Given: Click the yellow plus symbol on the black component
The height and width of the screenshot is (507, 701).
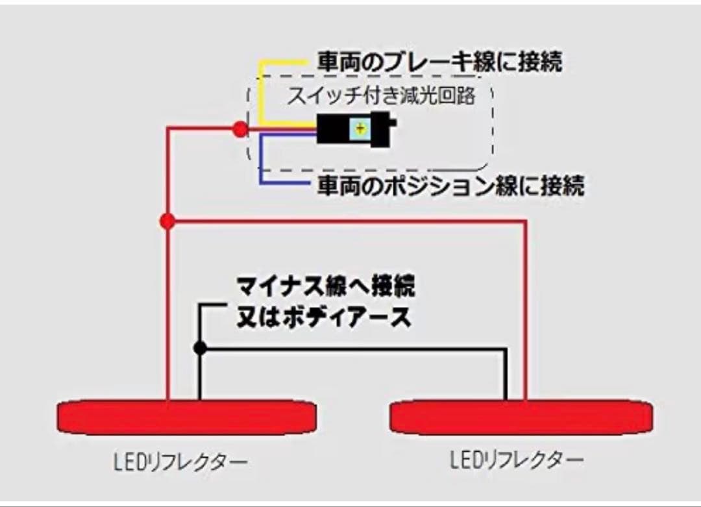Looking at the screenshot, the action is (x=361, y=129).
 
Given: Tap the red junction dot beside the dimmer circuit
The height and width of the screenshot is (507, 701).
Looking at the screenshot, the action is (x=241, y=130).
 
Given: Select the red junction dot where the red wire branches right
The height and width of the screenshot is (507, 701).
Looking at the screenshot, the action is (x=167, y=221).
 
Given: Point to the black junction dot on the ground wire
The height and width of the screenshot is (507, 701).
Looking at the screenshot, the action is (x=200, y=348).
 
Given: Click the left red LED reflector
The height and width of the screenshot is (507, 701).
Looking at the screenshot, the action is (x=187, y=417).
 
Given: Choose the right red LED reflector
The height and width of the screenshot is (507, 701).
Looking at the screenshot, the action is (x=521, y=417).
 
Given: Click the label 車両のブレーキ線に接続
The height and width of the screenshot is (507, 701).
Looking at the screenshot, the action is (x=440, y=61).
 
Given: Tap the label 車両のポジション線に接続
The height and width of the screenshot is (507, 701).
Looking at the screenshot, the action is (x=450, y=184).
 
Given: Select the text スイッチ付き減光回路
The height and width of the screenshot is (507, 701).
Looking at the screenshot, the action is (x=381, y=95).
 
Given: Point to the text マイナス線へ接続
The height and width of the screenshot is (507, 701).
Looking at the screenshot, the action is (x=325, y=286).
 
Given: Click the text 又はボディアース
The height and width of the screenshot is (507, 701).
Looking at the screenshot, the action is (x=324, y=317).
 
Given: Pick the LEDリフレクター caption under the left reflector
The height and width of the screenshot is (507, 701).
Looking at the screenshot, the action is (x=180, y=462).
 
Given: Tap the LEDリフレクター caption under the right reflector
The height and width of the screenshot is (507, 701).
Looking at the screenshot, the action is (x=517, y=460).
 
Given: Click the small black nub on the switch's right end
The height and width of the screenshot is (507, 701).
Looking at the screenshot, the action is (x=393, y=123).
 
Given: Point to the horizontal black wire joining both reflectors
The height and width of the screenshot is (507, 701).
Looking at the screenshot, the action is (x=352, y=349).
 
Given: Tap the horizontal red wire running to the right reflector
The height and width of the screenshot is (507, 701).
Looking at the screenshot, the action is (x=347, y=221).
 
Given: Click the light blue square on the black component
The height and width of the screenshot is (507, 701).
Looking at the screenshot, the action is (x=361, y=129).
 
